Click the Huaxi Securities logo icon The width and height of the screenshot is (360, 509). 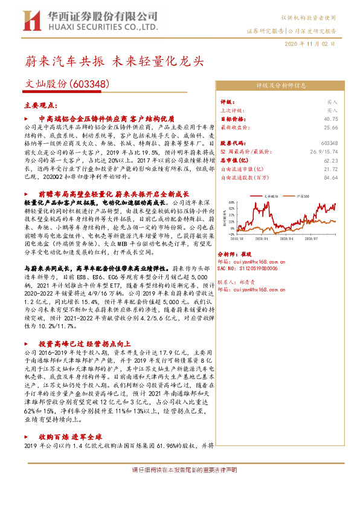coord(29,19)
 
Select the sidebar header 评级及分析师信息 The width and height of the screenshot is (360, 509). coord(283,85)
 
